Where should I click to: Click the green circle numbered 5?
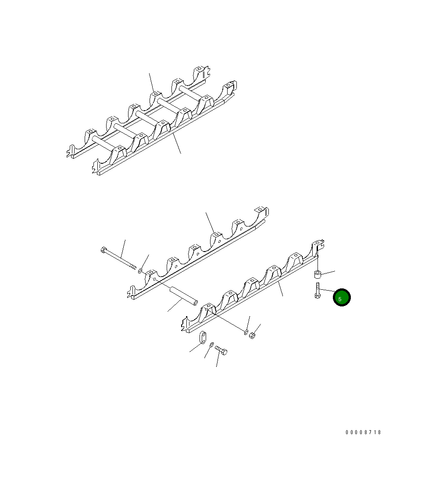(342, 298)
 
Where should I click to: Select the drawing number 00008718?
(363, 432)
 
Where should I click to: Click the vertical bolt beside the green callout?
(318, 291)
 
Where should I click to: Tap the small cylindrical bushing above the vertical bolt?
(318, 274)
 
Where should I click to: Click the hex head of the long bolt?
(103, 250)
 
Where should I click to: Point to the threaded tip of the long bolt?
(133, 266)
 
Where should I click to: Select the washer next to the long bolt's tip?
(140, 271)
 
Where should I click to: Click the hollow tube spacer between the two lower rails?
(183, 295)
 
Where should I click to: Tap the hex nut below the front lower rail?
(252, 335)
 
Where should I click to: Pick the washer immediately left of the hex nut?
(246, 332)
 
